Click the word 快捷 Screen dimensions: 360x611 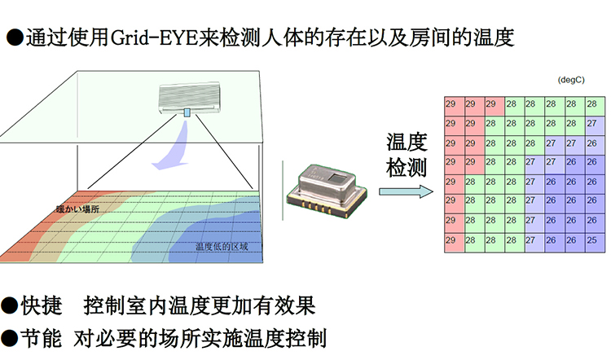click(42, 306)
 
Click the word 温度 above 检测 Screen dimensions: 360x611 click(406, 142)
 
